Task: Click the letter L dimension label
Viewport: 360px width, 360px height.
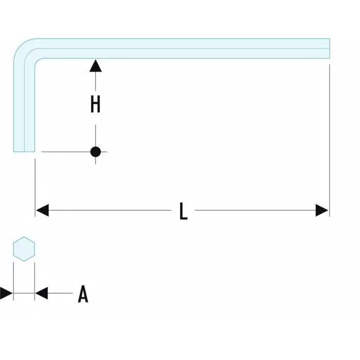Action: click(x=183, y=211)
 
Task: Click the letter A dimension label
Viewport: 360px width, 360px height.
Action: click(x=83, y=294)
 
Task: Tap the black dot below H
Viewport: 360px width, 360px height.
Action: click(x=95, y=152)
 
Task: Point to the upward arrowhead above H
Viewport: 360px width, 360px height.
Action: click(x=95, y=65)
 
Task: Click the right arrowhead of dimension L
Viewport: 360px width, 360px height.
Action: click(x=322, y=210)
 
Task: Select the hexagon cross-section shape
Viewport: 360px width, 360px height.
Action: click(x=24, y=248)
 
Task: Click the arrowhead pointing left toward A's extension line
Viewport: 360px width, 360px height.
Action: click(x=42, y=294)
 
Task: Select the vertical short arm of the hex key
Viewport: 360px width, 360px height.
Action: click(x=24, y=103)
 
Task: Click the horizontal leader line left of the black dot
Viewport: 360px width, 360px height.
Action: click(x=64, y=152)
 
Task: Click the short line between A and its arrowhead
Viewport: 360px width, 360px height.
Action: click(x=60, y=294)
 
